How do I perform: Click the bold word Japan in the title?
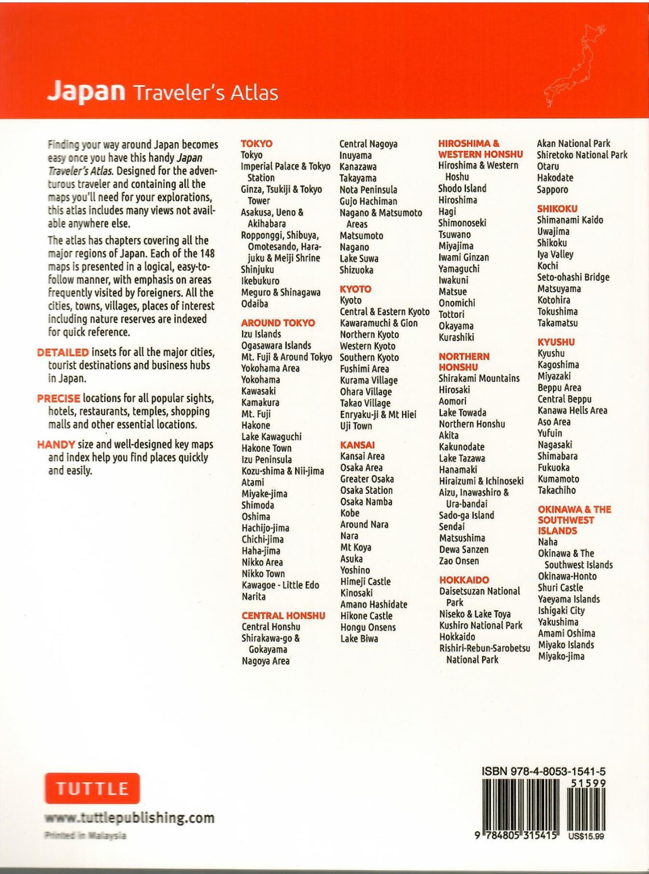(x=86, y=91)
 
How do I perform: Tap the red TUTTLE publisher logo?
(x=92, y=788)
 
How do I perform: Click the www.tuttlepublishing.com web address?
(x=129, y=818)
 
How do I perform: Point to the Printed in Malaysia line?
(x=85, y=836)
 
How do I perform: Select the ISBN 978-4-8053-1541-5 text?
(x=543, y=771)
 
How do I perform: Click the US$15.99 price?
(x=586, y=836)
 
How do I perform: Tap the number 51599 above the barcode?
(x=588, y=783)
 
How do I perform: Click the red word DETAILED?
(x=63, y=352)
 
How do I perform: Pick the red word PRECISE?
(x=58, y=398)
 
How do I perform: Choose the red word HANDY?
(x=56, y=445)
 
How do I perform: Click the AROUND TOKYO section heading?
(x=278, y=323)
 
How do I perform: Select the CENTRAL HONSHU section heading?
(x=284, y=616)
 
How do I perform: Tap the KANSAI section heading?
(x=357, y=445)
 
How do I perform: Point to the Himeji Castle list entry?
(x=365, y=582)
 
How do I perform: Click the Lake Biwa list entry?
(x=359, y=639)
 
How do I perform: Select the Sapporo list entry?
(x=552, y=190)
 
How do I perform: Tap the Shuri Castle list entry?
(x=560, y=588)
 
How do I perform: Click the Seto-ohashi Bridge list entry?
(x=573, y=277)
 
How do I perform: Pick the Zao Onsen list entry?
(x=459, y=561)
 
